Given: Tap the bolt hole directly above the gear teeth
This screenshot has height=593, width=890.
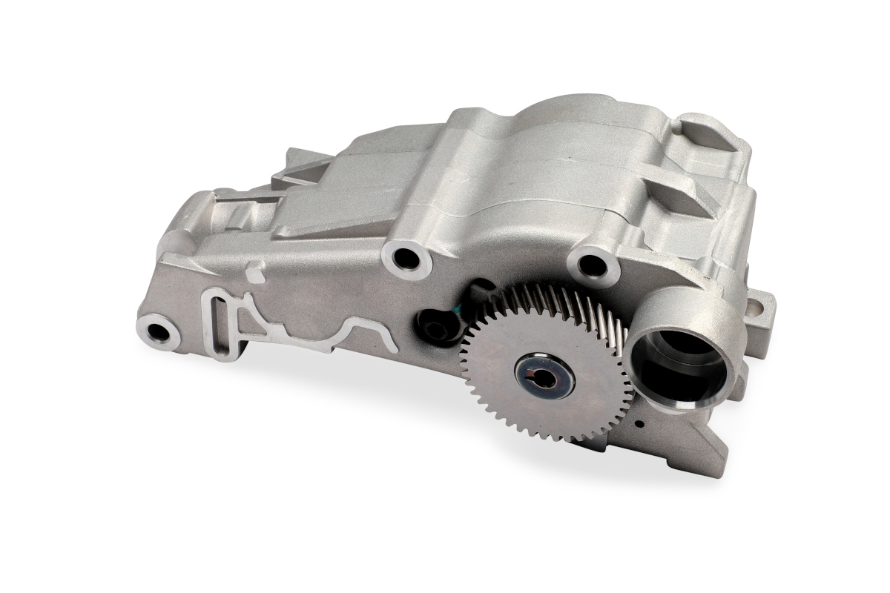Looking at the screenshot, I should coord(593,263).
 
